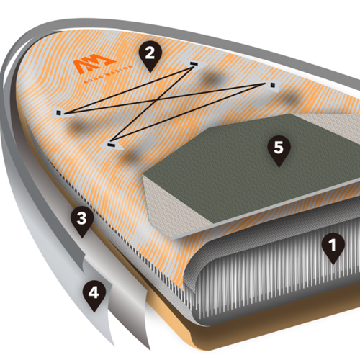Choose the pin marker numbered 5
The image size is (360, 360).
[278, 152]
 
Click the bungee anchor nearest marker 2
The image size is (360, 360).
[193, 64]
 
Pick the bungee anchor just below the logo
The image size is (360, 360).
[60, 112]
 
